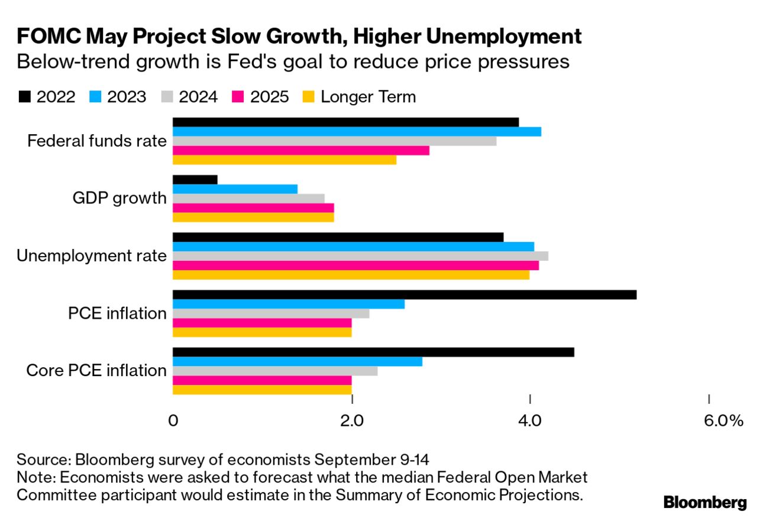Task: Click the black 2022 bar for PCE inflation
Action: click(404, 294)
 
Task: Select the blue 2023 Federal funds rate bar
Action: click(357, 131)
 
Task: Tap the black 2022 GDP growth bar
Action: click(195, 180)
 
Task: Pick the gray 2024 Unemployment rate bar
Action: click(360, 256)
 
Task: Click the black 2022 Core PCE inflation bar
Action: click(373, 352)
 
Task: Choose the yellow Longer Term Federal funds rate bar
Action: click(284, 160)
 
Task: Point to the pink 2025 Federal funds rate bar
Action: click(300, 150)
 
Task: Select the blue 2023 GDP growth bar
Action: click(235, 189)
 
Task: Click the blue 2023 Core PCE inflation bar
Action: click(298, 361)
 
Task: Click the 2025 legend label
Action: click(269, 97)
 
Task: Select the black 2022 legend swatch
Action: click(24, 97)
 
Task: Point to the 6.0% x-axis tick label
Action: click(723, 421)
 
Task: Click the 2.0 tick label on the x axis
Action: click(352, 421)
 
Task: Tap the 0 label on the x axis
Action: click(173, 421)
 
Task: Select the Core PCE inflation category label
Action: click(96, 371)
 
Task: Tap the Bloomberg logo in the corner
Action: click(705, 503)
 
